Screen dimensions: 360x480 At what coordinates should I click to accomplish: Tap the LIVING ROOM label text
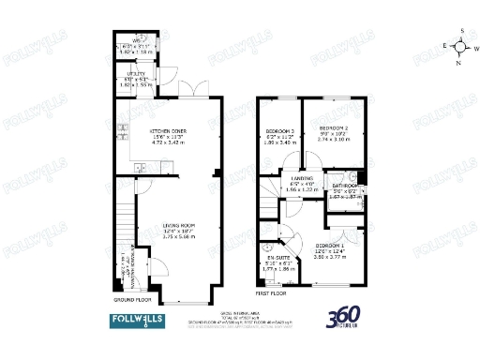(178, 225)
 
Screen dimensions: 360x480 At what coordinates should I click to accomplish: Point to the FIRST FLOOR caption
(272, 292)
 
